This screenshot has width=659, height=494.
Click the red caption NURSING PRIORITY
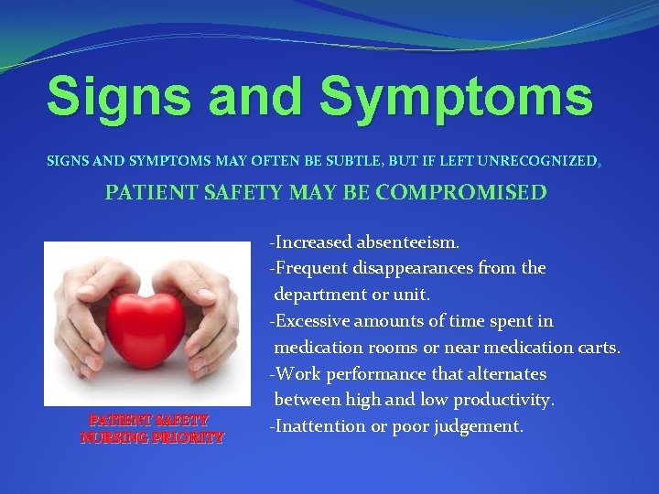[152, 438]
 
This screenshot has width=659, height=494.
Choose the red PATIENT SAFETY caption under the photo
[148, 421]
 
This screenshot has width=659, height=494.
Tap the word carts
[599, 348]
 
